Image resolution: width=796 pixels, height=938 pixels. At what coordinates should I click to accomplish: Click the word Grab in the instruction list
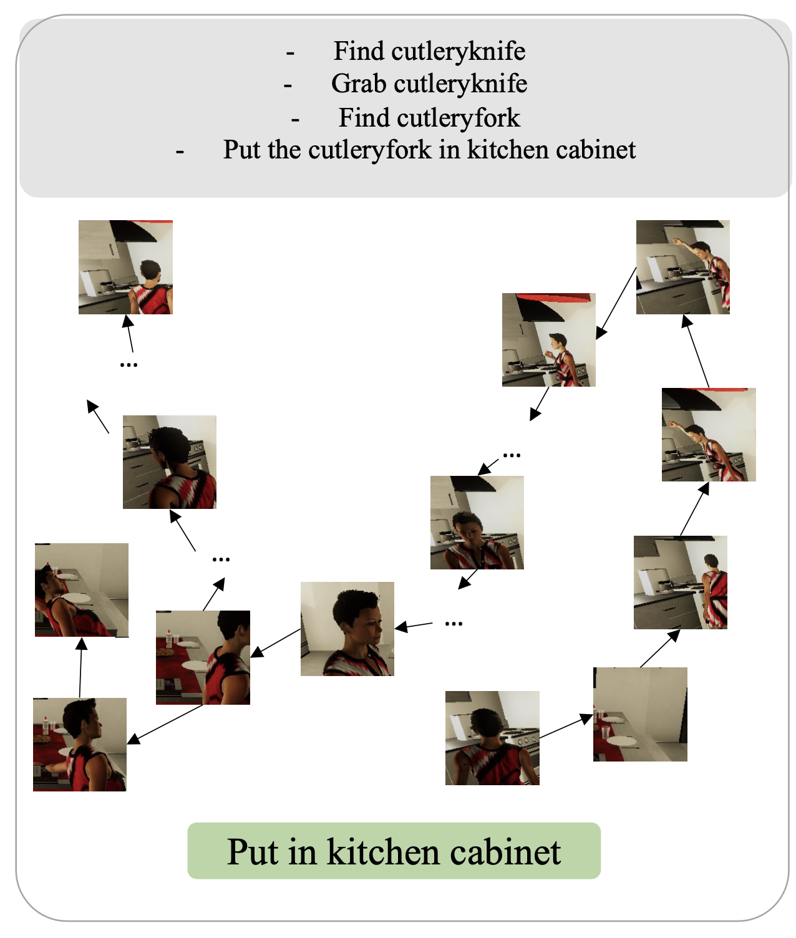click(x=359, y=84)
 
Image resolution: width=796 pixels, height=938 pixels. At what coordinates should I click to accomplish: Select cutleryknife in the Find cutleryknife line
click(x=459, y=51)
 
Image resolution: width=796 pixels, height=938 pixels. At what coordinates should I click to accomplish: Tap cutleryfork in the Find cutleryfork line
click(x=459, y=118)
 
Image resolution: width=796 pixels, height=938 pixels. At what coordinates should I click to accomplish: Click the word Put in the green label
click(x=253, y=852)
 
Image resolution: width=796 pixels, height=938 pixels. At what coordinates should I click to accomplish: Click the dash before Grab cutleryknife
click(x=288, y=85)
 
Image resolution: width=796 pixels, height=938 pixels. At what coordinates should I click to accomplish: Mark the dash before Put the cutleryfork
click(x=180, y=152)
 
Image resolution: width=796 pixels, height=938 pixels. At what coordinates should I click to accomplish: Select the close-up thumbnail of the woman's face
click(x=347, y=629)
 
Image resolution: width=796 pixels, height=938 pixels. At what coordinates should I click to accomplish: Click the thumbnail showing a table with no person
click(x=640, y=714)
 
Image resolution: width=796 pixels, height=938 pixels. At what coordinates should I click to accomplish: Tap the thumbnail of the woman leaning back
click(x=82, y=590)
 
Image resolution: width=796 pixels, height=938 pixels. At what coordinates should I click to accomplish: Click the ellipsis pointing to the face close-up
click(x=454, y=624)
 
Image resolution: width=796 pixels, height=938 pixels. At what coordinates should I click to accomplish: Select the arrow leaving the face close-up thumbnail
click(x=276, y=643)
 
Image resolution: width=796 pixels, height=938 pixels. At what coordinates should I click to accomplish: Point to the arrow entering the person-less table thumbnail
click(x=566, y=726)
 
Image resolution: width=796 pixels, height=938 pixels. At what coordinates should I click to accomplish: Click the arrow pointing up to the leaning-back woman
click(x=80, y=667)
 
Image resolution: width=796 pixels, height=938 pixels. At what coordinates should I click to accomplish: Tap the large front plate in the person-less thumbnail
click(x=621, y=741)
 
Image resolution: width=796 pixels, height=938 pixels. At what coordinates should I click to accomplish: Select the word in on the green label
click(x=303, y=852)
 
